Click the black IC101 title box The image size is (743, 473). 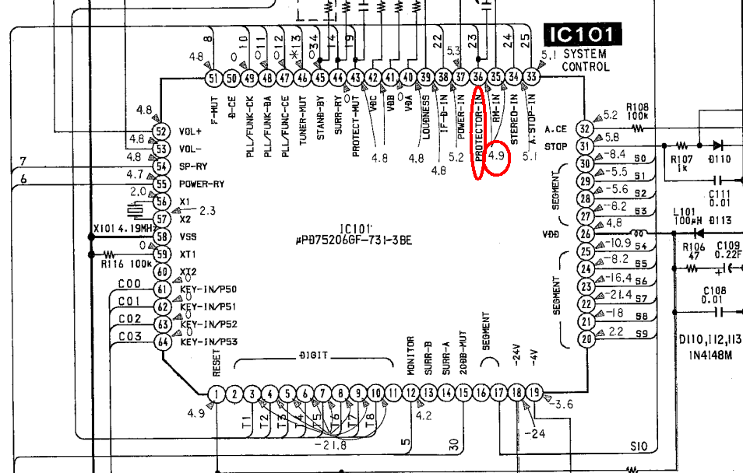[x=583, y=35]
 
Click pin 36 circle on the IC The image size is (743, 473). [x=479, y=77]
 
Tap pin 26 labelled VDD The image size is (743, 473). [x=586, y=233]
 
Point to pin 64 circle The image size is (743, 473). [x=162, y=342]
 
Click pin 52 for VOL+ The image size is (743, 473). [x=162, y=131]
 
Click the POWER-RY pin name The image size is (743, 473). [x=202, y=184]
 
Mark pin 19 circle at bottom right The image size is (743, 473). [x=534, y=394]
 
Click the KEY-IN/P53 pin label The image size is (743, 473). [x=209, y=342]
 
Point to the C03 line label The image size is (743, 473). [x=129, y=337]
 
